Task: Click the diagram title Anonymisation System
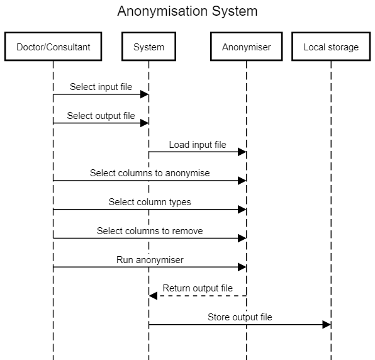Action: [187, 11]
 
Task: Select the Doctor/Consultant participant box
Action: [53, 47]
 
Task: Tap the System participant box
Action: [148, 47]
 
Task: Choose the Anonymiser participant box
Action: [247, 47]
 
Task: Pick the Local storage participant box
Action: [331, 47]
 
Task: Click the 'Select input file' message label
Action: [101, 87]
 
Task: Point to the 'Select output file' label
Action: [101, 116]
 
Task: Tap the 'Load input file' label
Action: [198, 145]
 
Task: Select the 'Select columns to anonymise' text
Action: [150, 173]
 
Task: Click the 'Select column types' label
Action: [150, 202]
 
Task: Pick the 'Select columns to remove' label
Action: [150, 231]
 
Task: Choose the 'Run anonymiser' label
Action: [150, 260]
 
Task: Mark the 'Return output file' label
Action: [198, 288]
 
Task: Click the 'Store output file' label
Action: [240, 317]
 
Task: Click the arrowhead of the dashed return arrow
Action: [153, 296]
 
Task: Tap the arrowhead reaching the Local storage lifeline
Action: [327, 325]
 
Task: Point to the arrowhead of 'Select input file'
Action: [145, 94]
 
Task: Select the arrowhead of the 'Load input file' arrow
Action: [242, 152]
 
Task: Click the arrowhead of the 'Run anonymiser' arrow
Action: [242, 267]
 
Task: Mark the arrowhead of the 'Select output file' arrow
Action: [145, 123]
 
